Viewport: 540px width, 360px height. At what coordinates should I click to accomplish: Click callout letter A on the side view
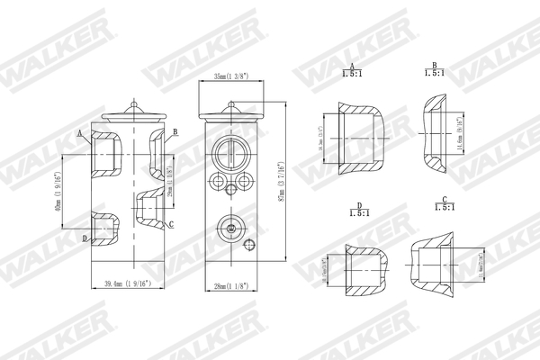tap(81, 132)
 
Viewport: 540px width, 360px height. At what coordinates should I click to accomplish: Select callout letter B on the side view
tap(175, 132)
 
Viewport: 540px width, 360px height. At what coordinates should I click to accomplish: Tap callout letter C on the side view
tap(171, 223)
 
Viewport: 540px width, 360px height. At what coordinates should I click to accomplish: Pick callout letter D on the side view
tap(85, 238)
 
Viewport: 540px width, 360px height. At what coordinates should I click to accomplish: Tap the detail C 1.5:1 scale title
tap(444, 206)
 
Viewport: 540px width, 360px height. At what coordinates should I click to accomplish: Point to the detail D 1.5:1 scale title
tap(358, 211)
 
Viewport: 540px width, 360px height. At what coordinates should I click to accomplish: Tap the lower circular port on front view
tap(229, 229)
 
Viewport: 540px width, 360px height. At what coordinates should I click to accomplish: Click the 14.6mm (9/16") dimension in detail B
tap(459, 137)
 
